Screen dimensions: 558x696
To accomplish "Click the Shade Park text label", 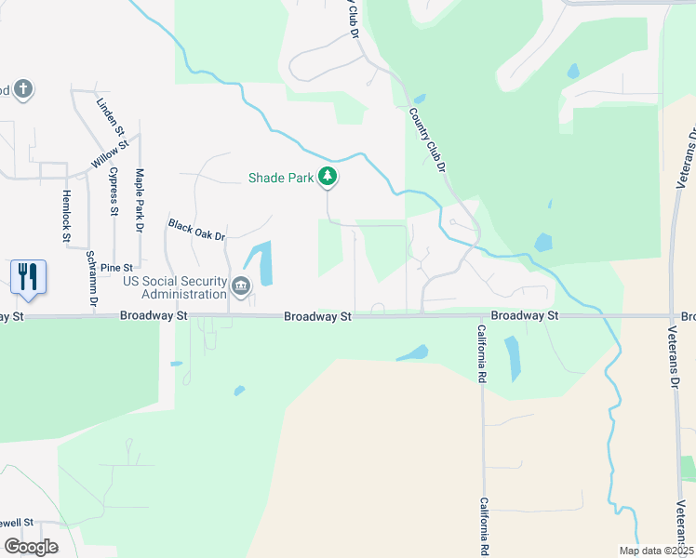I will (280, 178).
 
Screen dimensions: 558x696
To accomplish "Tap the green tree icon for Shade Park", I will (327, 176).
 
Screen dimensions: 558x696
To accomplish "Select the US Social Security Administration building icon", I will (242, 287).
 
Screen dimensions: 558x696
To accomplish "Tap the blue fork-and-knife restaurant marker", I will (28, 277).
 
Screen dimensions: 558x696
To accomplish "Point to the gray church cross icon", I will (23, 90).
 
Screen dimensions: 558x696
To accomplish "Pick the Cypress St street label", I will (114, 191).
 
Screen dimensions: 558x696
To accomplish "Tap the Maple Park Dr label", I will (140, 200).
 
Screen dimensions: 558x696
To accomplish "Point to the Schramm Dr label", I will (91, 278).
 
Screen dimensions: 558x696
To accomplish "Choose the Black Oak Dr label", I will (197, 230).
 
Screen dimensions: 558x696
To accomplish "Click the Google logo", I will (30, 547).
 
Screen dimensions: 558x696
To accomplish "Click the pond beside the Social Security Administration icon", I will (262, 263).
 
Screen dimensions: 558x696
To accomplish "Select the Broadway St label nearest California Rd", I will (525, 316).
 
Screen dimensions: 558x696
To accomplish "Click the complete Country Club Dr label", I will (428, 140).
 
